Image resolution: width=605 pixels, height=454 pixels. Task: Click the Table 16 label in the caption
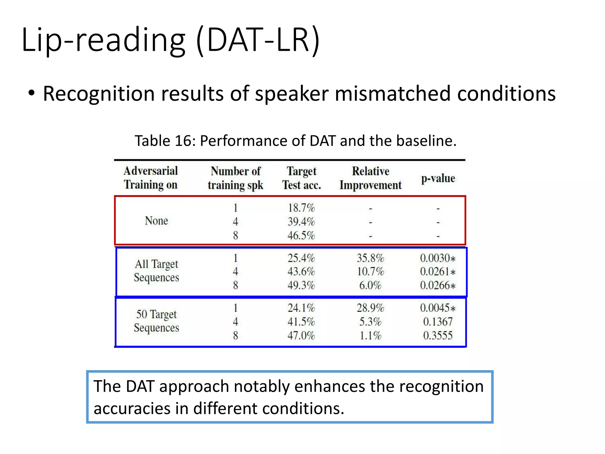(164, 141)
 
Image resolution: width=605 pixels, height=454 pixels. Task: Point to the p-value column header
(438, 178)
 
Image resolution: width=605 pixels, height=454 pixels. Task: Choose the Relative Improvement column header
(370, 178)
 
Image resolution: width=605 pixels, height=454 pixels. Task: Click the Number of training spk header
(235, 178)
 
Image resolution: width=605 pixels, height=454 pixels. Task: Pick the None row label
(156, 221)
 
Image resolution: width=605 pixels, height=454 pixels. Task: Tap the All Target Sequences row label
(156, 271)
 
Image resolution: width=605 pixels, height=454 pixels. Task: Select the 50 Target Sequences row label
(156, 321)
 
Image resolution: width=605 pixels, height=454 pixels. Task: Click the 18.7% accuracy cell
(301, 208)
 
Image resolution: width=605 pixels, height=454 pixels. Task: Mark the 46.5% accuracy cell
(301, 236)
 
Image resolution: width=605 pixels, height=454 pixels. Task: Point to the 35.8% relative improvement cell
(370, 258)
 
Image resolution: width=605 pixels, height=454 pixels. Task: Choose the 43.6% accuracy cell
(301, 271)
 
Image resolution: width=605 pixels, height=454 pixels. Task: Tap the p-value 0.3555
(438, 335)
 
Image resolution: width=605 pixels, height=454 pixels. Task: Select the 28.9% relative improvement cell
(370, 308)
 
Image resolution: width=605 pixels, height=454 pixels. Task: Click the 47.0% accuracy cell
(301, 335)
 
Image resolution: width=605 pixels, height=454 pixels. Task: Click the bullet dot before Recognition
(32, 94)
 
